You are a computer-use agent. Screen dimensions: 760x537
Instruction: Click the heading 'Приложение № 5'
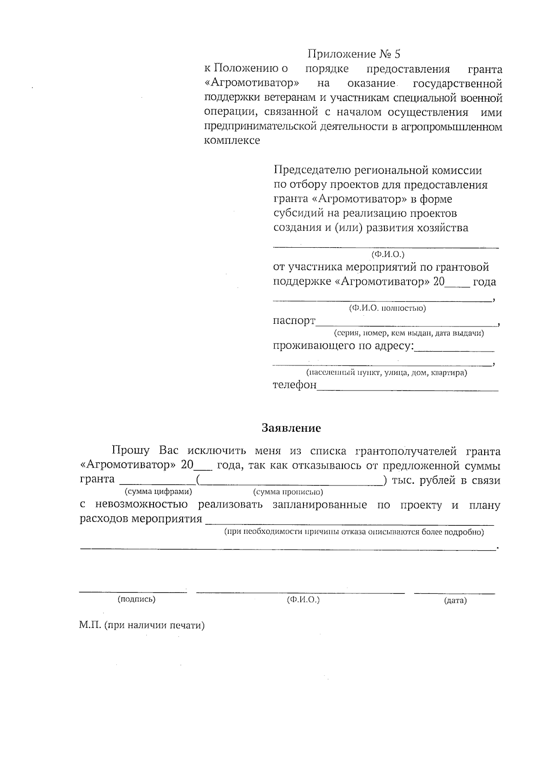pos(354,54)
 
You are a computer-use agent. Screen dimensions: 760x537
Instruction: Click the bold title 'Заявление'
pos(291,428)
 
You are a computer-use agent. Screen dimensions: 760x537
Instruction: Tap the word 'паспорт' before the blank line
pos(294,321)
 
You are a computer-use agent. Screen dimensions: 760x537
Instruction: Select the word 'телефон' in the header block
pos(294,385)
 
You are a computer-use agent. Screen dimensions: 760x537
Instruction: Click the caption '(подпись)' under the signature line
pos(136,599)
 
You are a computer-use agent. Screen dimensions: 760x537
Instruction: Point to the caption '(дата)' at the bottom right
pos(455,601)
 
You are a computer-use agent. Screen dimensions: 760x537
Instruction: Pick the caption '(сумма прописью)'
pos(288,492)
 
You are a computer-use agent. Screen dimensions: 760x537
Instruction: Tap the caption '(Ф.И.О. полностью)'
pos(387,308)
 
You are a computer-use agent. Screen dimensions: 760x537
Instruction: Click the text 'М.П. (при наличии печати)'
pos(142,626)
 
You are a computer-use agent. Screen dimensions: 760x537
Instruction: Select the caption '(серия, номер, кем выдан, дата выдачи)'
pos(409,333)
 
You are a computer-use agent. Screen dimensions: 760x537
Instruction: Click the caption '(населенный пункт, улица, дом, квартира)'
pos(387,373)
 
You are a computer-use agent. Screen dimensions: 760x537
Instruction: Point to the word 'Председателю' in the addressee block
pos(312,171)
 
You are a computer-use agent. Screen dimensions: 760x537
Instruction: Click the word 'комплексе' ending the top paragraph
pos(232,141)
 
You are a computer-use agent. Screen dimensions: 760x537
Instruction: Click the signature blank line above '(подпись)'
pos(133,592)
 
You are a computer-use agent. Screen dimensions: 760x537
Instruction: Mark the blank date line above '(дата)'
pos(454,593)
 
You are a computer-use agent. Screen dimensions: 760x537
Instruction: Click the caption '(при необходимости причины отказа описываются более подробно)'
pos(354,532)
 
